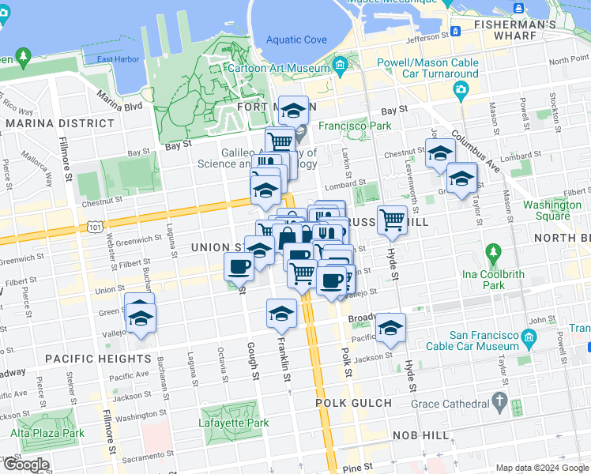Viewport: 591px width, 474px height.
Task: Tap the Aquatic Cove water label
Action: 296,40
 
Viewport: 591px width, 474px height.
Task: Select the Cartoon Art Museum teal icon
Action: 341,64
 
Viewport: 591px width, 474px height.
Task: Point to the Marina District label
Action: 60,123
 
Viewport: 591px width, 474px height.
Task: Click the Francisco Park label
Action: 355,126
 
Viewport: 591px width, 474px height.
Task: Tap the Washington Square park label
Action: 551,210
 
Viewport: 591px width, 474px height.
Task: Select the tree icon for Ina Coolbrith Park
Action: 494,254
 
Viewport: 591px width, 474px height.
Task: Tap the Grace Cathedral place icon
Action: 499,402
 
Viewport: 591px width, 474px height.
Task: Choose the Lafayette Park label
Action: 234,423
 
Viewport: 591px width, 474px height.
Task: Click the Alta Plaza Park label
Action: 47,433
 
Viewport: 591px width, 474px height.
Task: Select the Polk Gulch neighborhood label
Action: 353,403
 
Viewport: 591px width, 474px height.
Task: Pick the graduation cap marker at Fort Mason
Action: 293,110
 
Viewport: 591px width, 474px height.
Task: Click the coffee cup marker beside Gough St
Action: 239,266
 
